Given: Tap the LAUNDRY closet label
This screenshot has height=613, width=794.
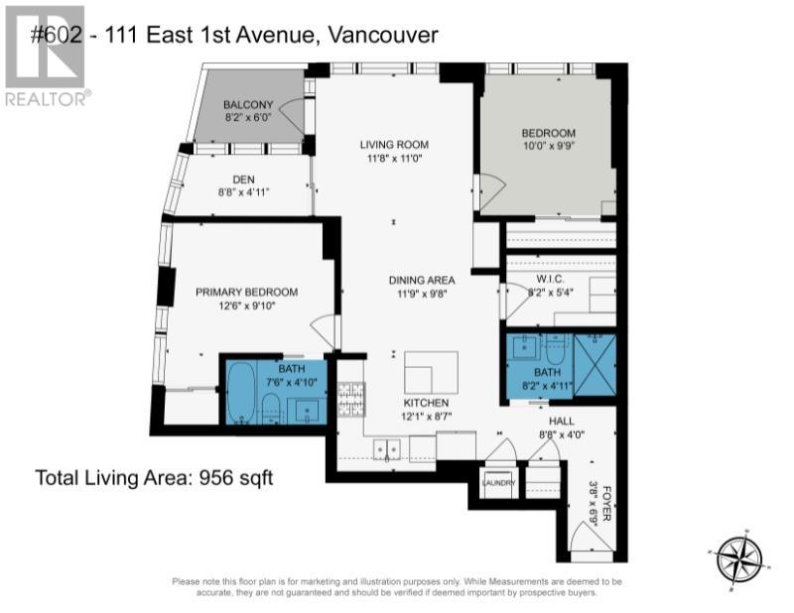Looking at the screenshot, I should [497, 482].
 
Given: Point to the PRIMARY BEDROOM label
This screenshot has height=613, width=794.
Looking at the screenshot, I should [246, 292].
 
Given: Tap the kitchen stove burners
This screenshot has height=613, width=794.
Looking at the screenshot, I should [351, 398].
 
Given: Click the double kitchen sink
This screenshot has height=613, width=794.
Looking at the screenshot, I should [387, 451].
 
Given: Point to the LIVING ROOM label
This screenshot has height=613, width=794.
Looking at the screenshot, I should [394, 145].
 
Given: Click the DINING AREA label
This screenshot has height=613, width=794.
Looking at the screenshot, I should [422, 281].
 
